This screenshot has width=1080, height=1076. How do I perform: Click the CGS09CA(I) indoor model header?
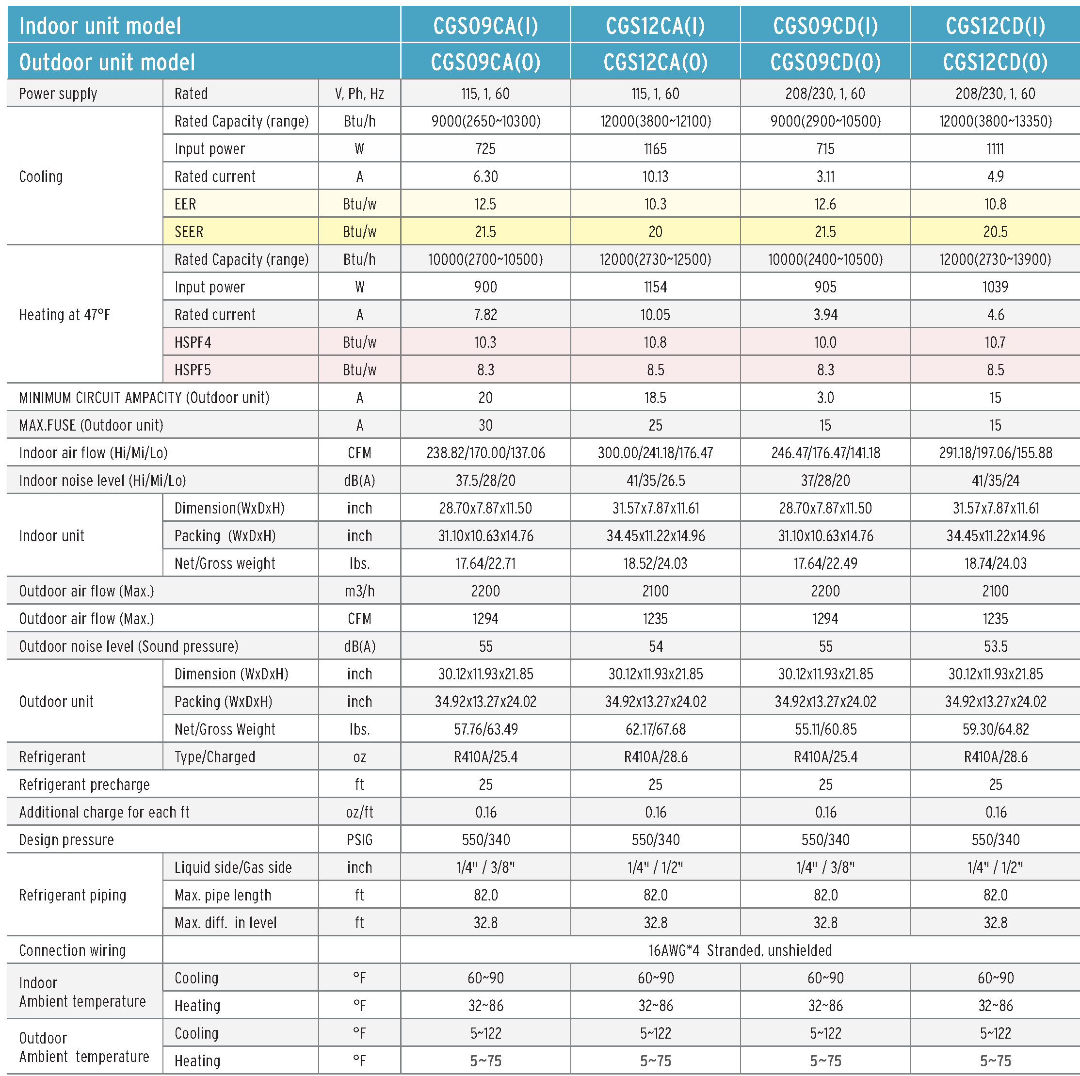click(485, 26)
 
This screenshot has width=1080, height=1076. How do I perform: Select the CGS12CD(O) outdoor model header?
click(995, 62)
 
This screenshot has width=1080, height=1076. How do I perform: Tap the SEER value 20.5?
click(995, 231)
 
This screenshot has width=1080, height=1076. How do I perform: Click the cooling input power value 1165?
click(655, 149)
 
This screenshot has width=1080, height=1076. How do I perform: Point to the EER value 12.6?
click(825, 204)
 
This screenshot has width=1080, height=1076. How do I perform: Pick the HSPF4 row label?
click(193, 342)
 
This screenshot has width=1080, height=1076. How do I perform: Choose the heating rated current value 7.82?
click(485, 315)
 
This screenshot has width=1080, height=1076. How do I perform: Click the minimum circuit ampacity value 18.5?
click(655, 398)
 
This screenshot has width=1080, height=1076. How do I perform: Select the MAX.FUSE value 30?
click(485, 425)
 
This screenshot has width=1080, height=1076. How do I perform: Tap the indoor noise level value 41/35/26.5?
click(655, 480)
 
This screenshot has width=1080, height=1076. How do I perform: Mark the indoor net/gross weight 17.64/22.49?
click(825, 563)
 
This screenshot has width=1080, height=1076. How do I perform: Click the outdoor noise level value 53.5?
click(995, 646)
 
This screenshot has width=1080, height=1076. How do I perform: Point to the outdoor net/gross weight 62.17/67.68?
click(655, 729)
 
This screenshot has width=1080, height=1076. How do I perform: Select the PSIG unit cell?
click(359, 839)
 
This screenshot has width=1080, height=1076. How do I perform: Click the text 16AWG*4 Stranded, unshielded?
click(740, 950)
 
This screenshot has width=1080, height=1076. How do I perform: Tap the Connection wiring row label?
click(72, 950)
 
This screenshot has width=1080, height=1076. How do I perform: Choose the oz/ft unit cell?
click(359, 812)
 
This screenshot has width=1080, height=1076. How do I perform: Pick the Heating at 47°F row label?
click(64, 315)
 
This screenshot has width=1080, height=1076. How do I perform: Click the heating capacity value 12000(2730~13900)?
click(995, 259)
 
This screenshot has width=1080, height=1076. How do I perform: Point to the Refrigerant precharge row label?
click(84, 784)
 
